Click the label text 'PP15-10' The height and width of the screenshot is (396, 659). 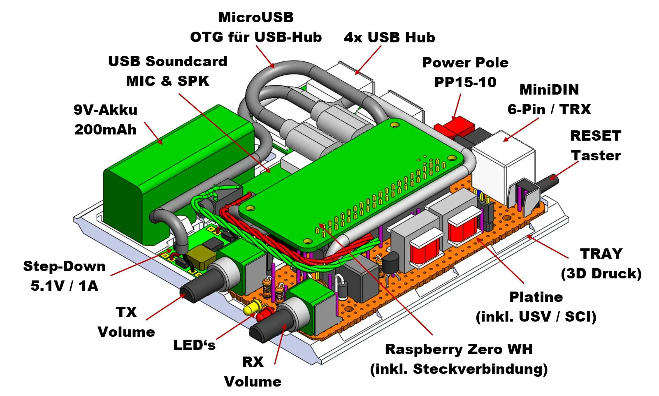click(465, 82)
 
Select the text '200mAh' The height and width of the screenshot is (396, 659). click(105, 130)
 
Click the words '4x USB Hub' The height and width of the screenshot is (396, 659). click(389, 37)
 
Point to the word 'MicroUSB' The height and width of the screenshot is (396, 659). click(256, 17)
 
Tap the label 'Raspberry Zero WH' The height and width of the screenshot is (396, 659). click(459, 349)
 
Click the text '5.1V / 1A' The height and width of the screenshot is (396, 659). click(64, 285)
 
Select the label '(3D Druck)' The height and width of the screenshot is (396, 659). click(601, 273)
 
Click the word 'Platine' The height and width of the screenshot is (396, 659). click(536, 296)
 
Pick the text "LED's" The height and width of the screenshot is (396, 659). click(194, 345)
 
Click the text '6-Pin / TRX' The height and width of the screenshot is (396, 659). click(549, 109)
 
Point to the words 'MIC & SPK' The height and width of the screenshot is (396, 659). click(167, 81)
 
